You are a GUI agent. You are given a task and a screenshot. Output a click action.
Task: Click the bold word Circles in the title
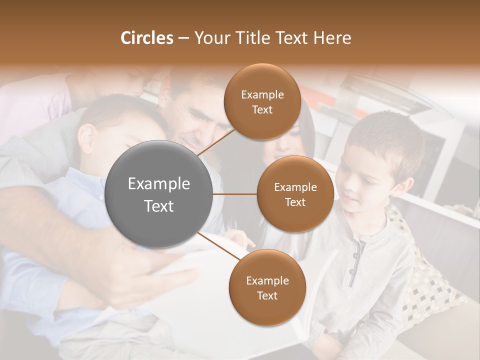click(147, 38)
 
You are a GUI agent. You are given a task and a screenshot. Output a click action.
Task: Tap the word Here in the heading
click(332, 38)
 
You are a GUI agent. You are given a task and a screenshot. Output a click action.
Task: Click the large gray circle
click(159, 194)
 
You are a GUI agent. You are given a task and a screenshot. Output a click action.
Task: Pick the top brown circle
click(262, 101)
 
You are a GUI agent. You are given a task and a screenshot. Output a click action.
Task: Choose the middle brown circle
click(295, 194)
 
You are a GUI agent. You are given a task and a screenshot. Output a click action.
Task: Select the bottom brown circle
click(267, 287)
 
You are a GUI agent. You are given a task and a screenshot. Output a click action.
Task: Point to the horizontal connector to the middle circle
click(235, 194)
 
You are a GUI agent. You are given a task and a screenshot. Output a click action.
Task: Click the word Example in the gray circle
click(159, 184)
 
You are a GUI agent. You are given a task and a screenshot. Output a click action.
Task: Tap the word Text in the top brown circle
click(262, 109)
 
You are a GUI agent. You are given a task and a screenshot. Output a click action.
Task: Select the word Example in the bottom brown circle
click(267, 280)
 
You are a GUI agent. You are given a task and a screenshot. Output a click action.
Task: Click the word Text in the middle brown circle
click(295, 202)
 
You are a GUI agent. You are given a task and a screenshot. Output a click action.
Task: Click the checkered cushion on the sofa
click(425, 280)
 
